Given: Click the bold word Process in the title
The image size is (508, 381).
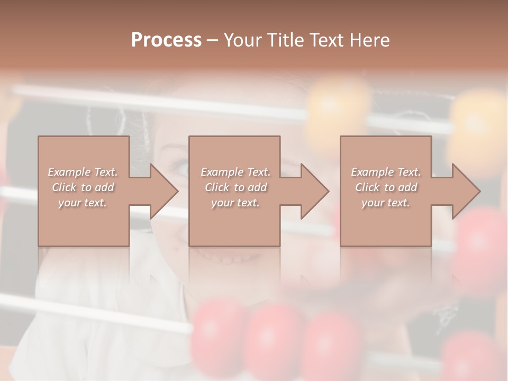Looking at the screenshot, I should point(166,40).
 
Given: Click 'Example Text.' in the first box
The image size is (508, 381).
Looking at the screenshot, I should point(83,172).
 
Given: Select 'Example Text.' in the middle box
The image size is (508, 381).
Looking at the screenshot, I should point(235,172).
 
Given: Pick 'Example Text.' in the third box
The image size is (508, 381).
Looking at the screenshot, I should point(386,172).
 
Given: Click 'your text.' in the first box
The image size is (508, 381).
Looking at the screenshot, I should point(83,203).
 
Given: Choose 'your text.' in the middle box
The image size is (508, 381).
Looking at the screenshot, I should point(235,203).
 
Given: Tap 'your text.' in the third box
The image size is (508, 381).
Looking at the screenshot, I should point(386,203).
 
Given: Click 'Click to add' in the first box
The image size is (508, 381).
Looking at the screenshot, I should point(83,187).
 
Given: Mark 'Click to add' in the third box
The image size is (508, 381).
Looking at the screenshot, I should point(386,187).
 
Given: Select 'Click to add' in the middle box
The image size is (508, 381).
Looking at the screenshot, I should point(235,187).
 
